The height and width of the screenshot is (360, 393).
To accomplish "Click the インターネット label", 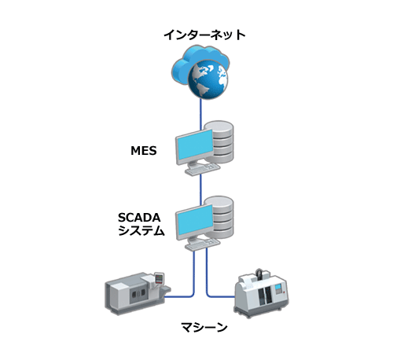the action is [204, 35].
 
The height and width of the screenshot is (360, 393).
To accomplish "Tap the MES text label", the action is [144, 151].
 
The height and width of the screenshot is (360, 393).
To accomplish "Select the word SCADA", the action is [139, 218].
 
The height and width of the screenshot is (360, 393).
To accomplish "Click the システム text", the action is [141, 230].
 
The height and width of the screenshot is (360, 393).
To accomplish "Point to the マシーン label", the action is [204, 327].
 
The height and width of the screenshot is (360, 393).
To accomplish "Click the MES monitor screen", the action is [195, 146].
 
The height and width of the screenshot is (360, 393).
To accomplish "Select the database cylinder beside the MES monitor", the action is [220, 141].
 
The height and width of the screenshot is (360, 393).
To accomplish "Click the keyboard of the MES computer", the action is [202, 169].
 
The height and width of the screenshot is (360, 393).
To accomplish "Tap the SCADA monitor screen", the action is [195, 221].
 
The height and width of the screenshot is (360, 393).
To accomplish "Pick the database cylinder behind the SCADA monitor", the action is [220, 217].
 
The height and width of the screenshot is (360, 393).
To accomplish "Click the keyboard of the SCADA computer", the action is [202, 244].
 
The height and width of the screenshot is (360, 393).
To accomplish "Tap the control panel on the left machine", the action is [159, 278].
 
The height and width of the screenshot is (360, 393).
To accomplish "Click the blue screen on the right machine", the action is [278, 288].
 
